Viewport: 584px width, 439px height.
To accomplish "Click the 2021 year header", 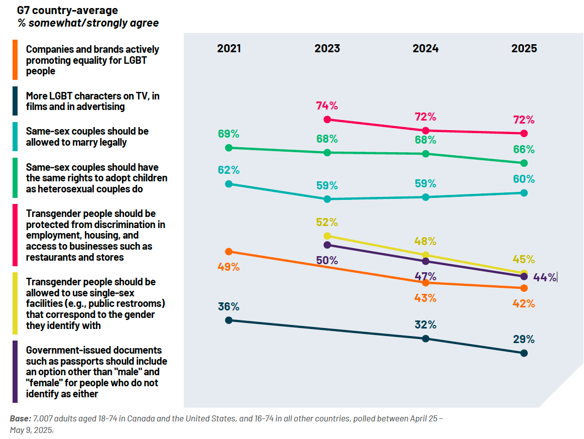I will (x=229, y=48).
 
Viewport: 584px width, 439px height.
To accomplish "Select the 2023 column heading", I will (x=327, y=48).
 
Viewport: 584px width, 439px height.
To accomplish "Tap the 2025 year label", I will (x=524, y=48).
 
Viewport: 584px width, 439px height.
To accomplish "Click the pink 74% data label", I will (x=327, y=105).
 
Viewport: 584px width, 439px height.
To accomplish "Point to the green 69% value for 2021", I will (x=229, y=134).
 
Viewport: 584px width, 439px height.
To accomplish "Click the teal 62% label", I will (x=229, y=170).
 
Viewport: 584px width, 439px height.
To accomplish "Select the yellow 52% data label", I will (x=327, y=222).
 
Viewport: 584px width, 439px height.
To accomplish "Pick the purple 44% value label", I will (x=545, y=277).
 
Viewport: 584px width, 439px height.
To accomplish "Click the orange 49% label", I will (x=229, y=267).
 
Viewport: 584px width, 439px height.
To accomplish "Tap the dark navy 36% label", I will (x=229, y=306).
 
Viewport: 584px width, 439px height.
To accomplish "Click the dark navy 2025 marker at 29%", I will (x=524, y=353).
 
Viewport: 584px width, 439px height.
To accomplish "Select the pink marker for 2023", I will (x=327, y=120).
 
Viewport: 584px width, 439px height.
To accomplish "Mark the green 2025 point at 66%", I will (x=524, y=163).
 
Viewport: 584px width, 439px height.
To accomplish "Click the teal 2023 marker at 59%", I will (x=327, y=199).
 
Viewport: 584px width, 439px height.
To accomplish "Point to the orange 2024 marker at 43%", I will (x=426, y=283).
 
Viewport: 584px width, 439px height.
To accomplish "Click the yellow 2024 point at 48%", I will (x=426, y=255).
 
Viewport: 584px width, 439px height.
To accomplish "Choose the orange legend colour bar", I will (x=15, y=60).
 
